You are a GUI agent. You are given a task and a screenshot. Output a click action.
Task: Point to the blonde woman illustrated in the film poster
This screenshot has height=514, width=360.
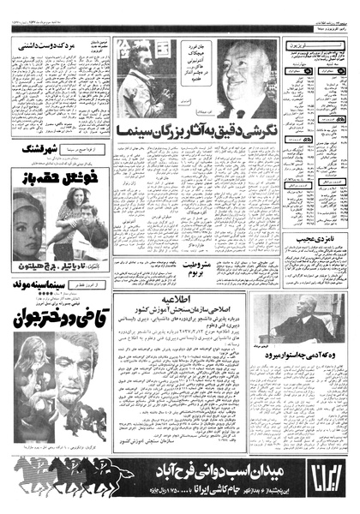(x=26, y=377)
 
